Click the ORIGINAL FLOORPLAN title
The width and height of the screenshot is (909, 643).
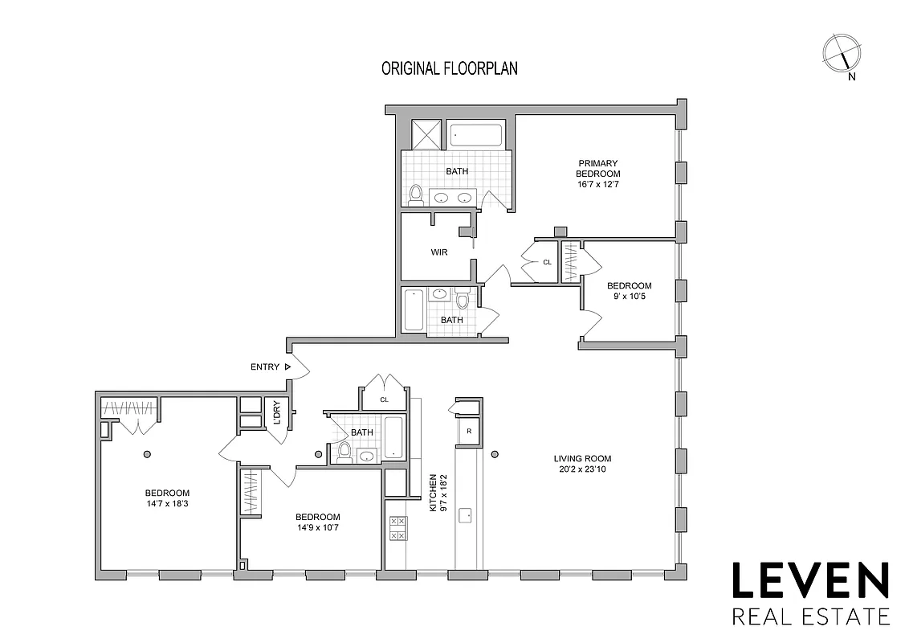click(x=449, y=68)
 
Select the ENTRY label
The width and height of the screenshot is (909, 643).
click(x=265, y=367)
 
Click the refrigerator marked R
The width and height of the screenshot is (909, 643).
click(x=467, y=432)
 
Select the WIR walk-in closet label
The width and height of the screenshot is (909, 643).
click(x=438, y=252)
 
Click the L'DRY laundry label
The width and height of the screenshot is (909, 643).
click(x=276, y=412)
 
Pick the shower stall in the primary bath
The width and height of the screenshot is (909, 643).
click(x=426, y=133)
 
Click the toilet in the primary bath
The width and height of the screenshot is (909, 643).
click(x=415, y=195)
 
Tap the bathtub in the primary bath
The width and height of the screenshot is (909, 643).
click(x=475, y=134)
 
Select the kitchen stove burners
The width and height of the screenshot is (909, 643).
click(x=397, y=527)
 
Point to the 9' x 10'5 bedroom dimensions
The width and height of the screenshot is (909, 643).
click(x=629, y=297)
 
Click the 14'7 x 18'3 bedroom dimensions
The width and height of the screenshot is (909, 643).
click(x=167, y=504)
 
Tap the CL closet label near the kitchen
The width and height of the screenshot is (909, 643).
click(x=384, y=399)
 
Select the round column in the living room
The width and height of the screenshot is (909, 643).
click(x=495, y=453)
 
